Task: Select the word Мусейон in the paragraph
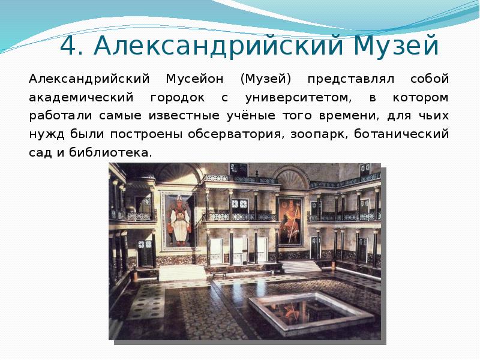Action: pos(193,79)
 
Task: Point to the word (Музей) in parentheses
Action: pos(265,79)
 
